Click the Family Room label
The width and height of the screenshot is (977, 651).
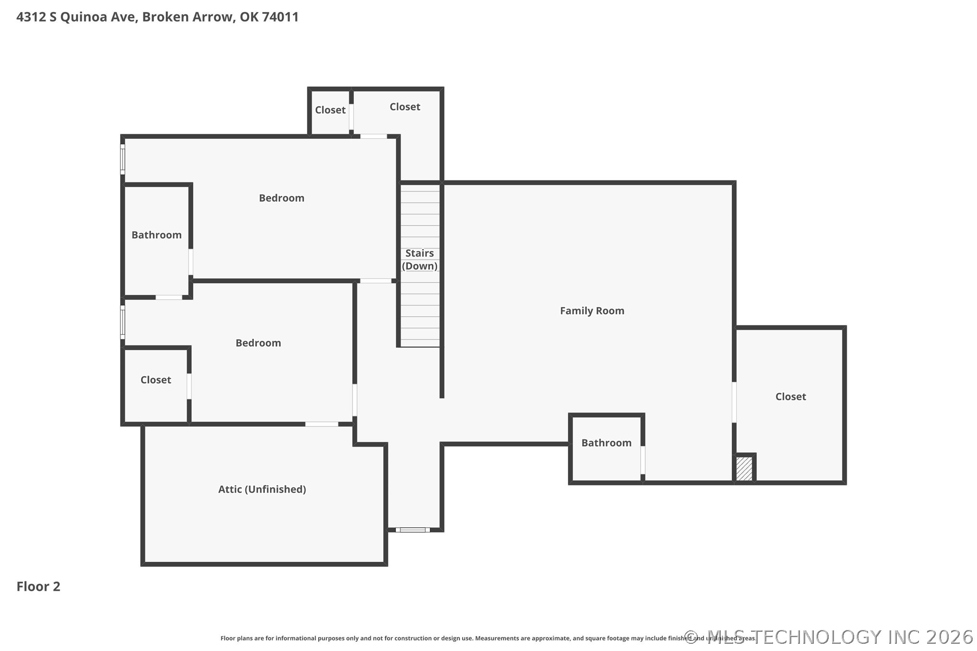[592, 311]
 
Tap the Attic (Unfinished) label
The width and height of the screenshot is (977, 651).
[262, 489]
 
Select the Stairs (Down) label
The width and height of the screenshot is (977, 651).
[419, 260]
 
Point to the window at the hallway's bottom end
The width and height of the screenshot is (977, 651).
[413, 530]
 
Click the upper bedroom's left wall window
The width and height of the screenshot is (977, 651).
[123, 159]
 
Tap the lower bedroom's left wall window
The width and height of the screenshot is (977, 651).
[123, 322]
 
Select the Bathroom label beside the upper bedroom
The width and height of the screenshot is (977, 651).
[156, 235]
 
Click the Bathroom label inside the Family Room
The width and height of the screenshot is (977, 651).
[606, 443]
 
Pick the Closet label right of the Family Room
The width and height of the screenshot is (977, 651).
[790, 397]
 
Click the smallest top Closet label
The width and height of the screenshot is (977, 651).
[330, 110]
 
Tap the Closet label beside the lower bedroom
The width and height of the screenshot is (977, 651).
[155, 380]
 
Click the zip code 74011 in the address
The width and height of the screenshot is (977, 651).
[280, 17]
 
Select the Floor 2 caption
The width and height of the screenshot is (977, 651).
[38, 586]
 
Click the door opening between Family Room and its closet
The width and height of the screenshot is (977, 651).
[734, 402]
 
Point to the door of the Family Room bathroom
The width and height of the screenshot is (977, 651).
[643, 460]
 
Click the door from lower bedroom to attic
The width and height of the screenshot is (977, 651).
[322, 424]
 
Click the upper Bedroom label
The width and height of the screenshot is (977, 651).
[281, 198]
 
